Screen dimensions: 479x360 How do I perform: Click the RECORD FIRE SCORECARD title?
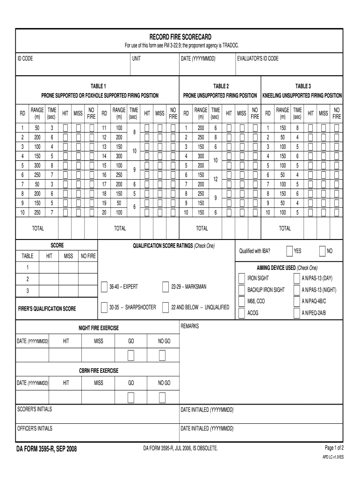(x=180, y=36)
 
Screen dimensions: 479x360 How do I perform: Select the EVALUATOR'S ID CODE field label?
(x=258, y=58)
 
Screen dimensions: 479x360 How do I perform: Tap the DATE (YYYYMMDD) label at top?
(x=198, y=58)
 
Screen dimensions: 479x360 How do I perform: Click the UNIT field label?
(x=137, y=58)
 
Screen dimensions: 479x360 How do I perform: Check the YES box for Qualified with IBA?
(x=290, y=251)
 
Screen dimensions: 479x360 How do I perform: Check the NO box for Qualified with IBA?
(x=322, y=251)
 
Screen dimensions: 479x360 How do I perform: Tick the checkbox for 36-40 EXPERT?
(x=104, y=287)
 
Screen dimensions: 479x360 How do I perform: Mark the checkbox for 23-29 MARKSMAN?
(x=166, y=287)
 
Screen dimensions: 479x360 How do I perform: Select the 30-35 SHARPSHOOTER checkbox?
(x=104, y=307)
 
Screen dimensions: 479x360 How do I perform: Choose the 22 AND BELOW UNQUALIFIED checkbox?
(x=166, y=307)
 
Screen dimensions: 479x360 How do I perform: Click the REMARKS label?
(x=190, y=326)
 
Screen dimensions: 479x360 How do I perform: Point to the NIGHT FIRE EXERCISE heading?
(x=98, y=328)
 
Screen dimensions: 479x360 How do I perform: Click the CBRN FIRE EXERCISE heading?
(x=98, y=370)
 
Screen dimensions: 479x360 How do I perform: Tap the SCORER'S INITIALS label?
(x=35, y=409)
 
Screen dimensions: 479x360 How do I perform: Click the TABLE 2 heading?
(x=221, y=86)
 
